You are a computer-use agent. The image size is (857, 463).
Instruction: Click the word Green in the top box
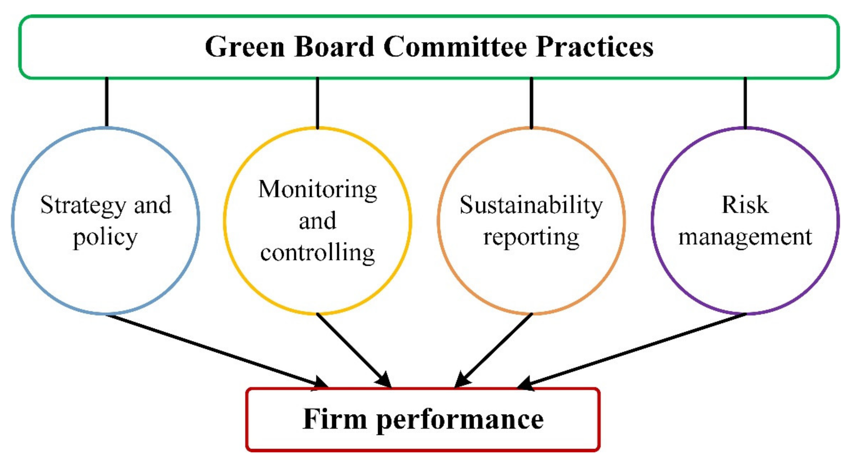pyautogui.click(x=244, y=47)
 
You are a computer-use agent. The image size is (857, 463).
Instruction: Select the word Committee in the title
pyautogui.click(x=455, y=47)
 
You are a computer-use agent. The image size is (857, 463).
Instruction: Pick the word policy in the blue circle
pyautogui.click(x=105, y=238)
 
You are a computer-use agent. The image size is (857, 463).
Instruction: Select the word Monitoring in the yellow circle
pyautogui.click(x=318, y=190)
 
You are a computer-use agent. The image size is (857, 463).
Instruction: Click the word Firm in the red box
pyautogui.click(x=334, y=419)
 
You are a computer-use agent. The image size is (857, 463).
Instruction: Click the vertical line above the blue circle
pyautogui.click(x=106, y=102)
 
